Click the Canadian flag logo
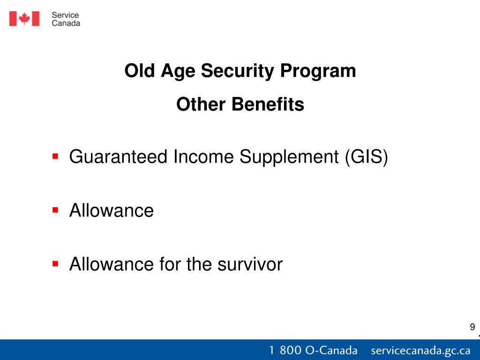[24, 19]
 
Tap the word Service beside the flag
[65, 15]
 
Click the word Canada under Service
[66, 23]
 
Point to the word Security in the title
[237, 71]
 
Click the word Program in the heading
[318, 71]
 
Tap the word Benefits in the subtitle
[268, 104]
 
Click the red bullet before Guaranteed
[55, 157]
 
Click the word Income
[203, 157]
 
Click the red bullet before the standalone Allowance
[55, 210]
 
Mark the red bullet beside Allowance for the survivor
[55, 263]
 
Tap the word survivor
[250, 264]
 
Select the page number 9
[472, 327]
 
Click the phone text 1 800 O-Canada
[313, 350]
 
